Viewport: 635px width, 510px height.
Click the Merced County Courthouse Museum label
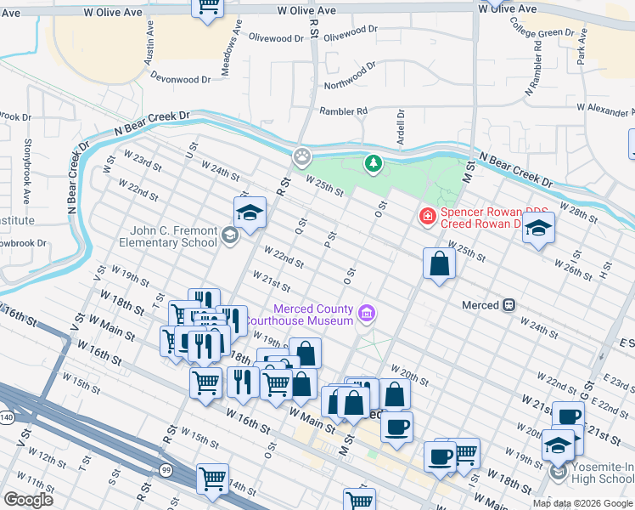tap(312, 314)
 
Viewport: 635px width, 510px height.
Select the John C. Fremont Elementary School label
tap(174, 236)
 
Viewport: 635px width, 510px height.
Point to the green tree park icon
tap(372, 163)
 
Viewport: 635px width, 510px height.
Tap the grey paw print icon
tap(301, 156)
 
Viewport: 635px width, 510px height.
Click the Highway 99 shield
tap(165, 469)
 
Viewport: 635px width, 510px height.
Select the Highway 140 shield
tap(7, 418)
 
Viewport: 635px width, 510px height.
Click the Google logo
tap(28, 500)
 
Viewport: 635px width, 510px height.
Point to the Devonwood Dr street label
tap(180, 79)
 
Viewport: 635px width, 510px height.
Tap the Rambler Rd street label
tap(343, 111)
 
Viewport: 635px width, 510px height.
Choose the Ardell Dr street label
tap(400, 126)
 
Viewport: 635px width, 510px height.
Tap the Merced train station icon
tap(509, 304)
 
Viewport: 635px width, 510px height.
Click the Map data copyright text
tap(582, 503)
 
